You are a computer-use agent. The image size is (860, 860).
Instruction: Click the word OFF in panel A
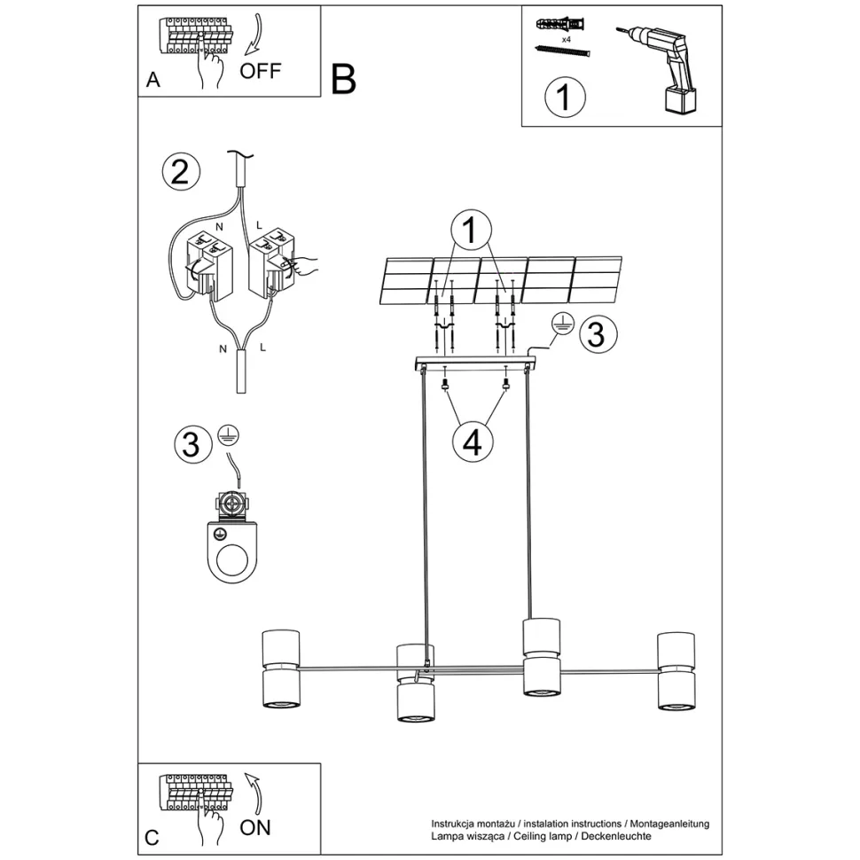(x=261, y=71)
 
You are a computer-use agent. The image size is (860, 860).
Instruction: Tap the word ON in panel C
(x=255, y=828)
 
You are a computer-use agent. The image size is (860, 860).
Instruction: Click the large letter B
(x=344, y=80)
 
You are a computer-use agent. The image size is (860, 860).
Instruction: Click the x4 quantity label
(x=566, y=40)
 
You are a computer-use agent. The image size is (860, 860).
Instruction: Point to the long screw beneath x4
(x=562, y=51)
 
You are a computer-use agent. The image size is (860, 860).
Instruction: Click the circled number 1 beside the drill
(x=565, y=97)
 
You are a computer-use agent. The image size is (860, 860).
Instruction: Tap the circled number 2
(x=181, y=172)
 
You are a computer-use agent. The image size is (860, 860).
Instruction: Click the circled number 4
(x=473, y=442)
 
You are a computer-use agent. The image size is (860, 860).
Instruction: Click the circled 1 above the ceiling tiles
(x=471, y=230)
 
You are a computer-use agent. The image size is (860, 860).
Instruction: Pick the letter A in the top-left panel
(x=153, y=80)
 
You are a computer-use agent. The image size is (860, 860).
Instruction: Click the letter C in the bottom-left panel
(x=152, y=838)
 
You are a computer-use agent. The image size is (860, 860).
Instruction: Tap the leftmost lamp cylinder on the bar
(x=281, y=669)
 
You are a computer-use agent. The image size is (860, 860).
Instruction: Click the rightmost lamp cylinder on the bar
(x=676, y=671)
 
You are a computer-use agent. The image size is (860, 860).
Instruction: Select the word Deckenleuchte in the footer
(x=616, y=836)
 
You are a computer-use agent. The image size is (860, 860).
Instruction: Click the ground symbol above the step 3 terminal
(x=228, y=436)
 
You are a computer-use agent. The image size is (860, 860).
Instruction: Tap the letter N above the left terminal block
(x=219, y=226)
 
